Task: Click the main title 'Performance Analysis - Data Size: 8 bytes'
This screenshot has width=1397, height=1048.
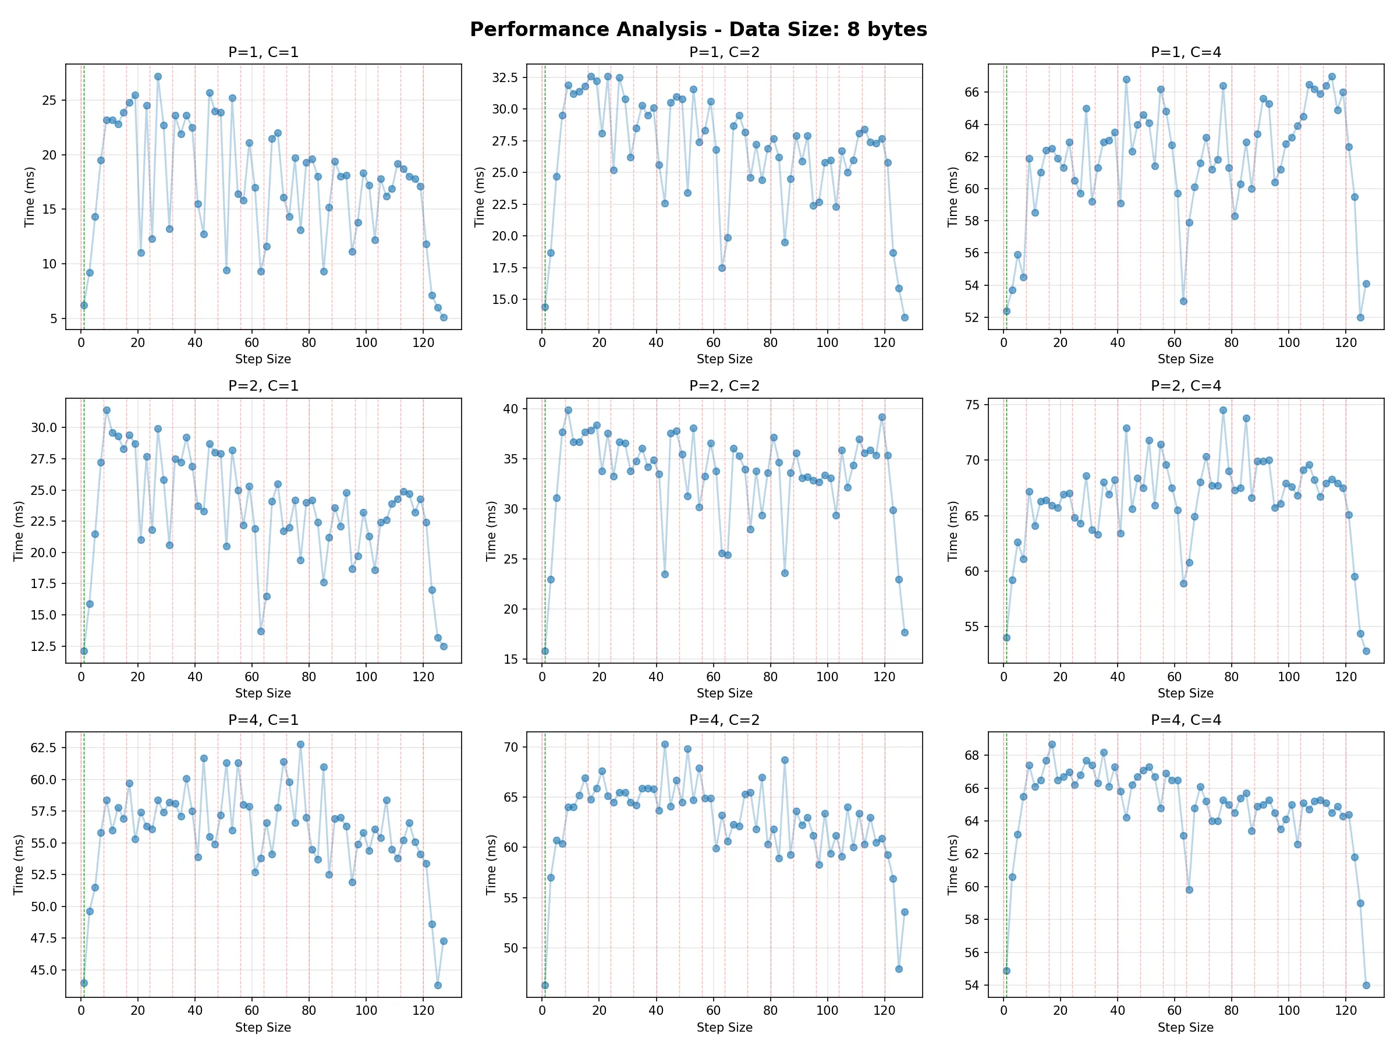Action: pyautogui.click(x=698, y=30)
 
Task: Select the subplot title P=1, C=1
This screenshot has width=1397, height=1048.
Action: pyautogui.click(x=263, y=52)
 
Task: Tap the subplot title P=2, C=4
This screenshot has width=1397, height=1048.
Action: pyautogui.click(x=1186, y=386)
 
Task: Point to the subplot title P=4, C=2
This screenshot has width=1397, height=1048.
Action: pyautogui.click(x=724, y=720)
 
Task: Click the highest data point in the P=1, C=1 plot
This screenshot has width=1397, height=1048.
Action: pyautogui.click(x=158, y=77)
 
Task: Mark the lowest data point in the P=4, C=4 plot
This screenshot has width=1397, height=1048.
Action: pyautogui.click(x=1366, y=985)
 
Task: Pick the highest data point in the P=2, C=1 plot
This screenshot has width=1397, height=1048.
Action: pyautogui.click(x=107, y=410)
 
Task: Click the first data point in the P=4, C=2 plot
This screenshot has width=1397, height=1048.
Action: pyautogui.click(x=545, y=986)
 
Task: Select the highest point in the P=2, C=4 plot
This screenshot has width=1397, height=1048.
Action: pyautogui.click(x=1223, y=410)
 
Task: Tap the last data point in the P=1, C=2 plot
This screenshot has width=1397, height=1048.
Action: pyautogui.click(x=905, y=318)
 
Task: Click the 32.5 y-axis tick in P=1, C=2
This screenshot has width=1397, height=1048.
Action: pyautogui.click(x=505, y=77)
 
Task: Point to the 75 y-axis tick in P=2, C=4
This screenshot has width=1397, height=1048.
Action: pyautogui.click(x=972, y=405)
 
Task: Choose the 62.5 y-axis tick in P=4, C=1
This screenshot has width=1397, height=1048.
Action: pyautogui.click(x=44, y=748)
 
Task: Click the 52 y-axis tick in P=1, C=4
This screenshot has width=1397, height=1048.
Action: pyautogui.click(x=971, y=318)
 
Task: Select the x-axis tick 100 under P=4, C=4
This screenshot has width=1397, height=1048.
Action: pyautogui.click(x=1288, y=1010)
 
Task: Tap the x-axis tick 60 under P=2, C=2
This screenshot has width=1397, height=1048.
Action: pyautogui.click(x=713, y=677)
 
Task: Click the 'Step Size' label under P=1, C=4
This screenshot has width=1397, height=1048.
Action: pyautogui.click(x=1186, y=359)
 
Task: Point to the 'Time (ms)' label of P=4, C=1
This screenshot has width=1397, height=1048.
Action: pyautogui.click(x=18, y=864)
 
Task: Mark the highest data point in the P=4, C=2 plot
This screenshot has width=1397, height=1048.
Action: pyautogui.click(x=664, y=745)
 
